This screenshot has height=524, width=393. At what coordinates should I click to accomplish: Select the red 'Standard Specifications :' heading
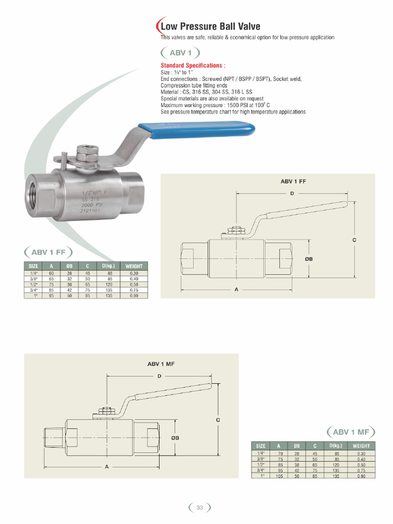pyautogui.click(x=192, y=65)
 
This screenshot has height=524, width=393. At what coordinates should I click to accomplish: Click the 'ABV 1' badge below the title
pyautogui.click(x=180, y=53)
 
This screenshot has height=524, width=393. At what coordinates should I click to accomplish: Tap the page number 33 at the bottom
pyautogui.click(x=200, y=507)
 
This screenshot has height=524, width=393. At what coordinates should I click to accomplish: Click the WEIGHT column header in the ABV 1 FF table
pyautogui.click(x=134, y=266)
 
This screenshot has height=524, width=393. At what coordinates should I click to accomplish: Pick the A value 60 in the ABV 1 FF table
pyautogui.click(x=51, y=273)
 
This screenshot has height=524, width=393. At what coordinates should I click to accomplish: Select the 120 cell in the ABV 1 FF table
pyautogui.click(x=108, y=285)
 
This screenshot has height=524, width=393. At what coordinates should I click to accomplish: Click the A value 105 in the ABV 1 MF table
pyautogui.click(x=279, y=476)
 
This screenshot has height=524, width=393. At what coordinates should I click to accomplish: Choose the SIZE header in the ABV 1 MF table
pyautogui.click(x=260, y=446)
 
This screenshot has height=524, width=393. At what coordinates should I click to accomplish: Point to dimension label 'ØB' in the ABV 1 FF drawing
pyautogui.click(x=309, y=259)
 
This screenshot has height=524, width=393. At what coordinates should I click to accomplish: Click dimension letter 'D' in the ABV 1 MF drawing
pyautogui.click(x=159, y=376)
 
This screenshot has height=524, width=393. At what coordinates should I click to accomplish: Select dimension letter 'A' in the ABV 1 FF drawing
pyautogui.click(x=237, y=290)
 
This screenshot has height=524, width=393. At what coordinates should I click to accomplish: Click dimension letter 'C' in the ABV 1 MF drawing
pyautogui.click(x=217, y=420)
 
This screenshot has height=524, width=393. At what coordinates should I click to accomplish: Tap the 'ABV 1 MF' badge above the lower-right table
pyautogui.click(x=351, y=432)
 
